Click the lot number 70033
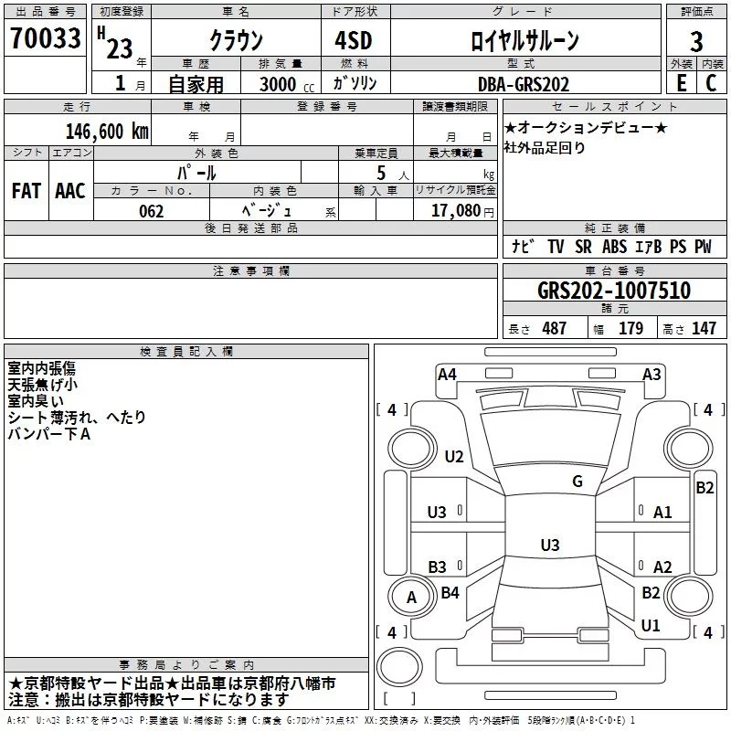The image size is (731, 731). point(44,40)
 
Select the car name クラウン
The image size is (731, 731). point(235,41)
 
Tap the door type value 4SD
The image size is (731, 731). point(354,41)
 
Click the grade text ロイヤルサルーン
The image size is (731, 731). point(524,41)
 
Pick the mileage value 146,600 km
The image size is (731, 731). point(106,131)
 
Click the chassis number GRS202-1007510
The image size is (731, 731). point(613,291)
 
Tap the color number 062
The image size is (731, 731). point(151,211)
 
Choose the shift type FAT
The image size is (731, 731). point(26,190)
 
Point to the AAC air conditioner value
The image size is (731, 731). point(70,190)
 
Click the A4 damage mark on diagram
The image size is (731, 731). point(447,374)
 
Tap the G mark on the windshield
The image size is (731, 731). point(577,482)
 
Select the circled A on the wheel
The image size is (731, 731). point(411,598)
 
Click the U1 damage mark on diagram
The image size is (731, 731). point(651,626)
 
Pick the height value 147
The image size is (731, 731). point(704,329)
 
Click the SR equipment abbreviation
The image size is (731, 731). point(583,247)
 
